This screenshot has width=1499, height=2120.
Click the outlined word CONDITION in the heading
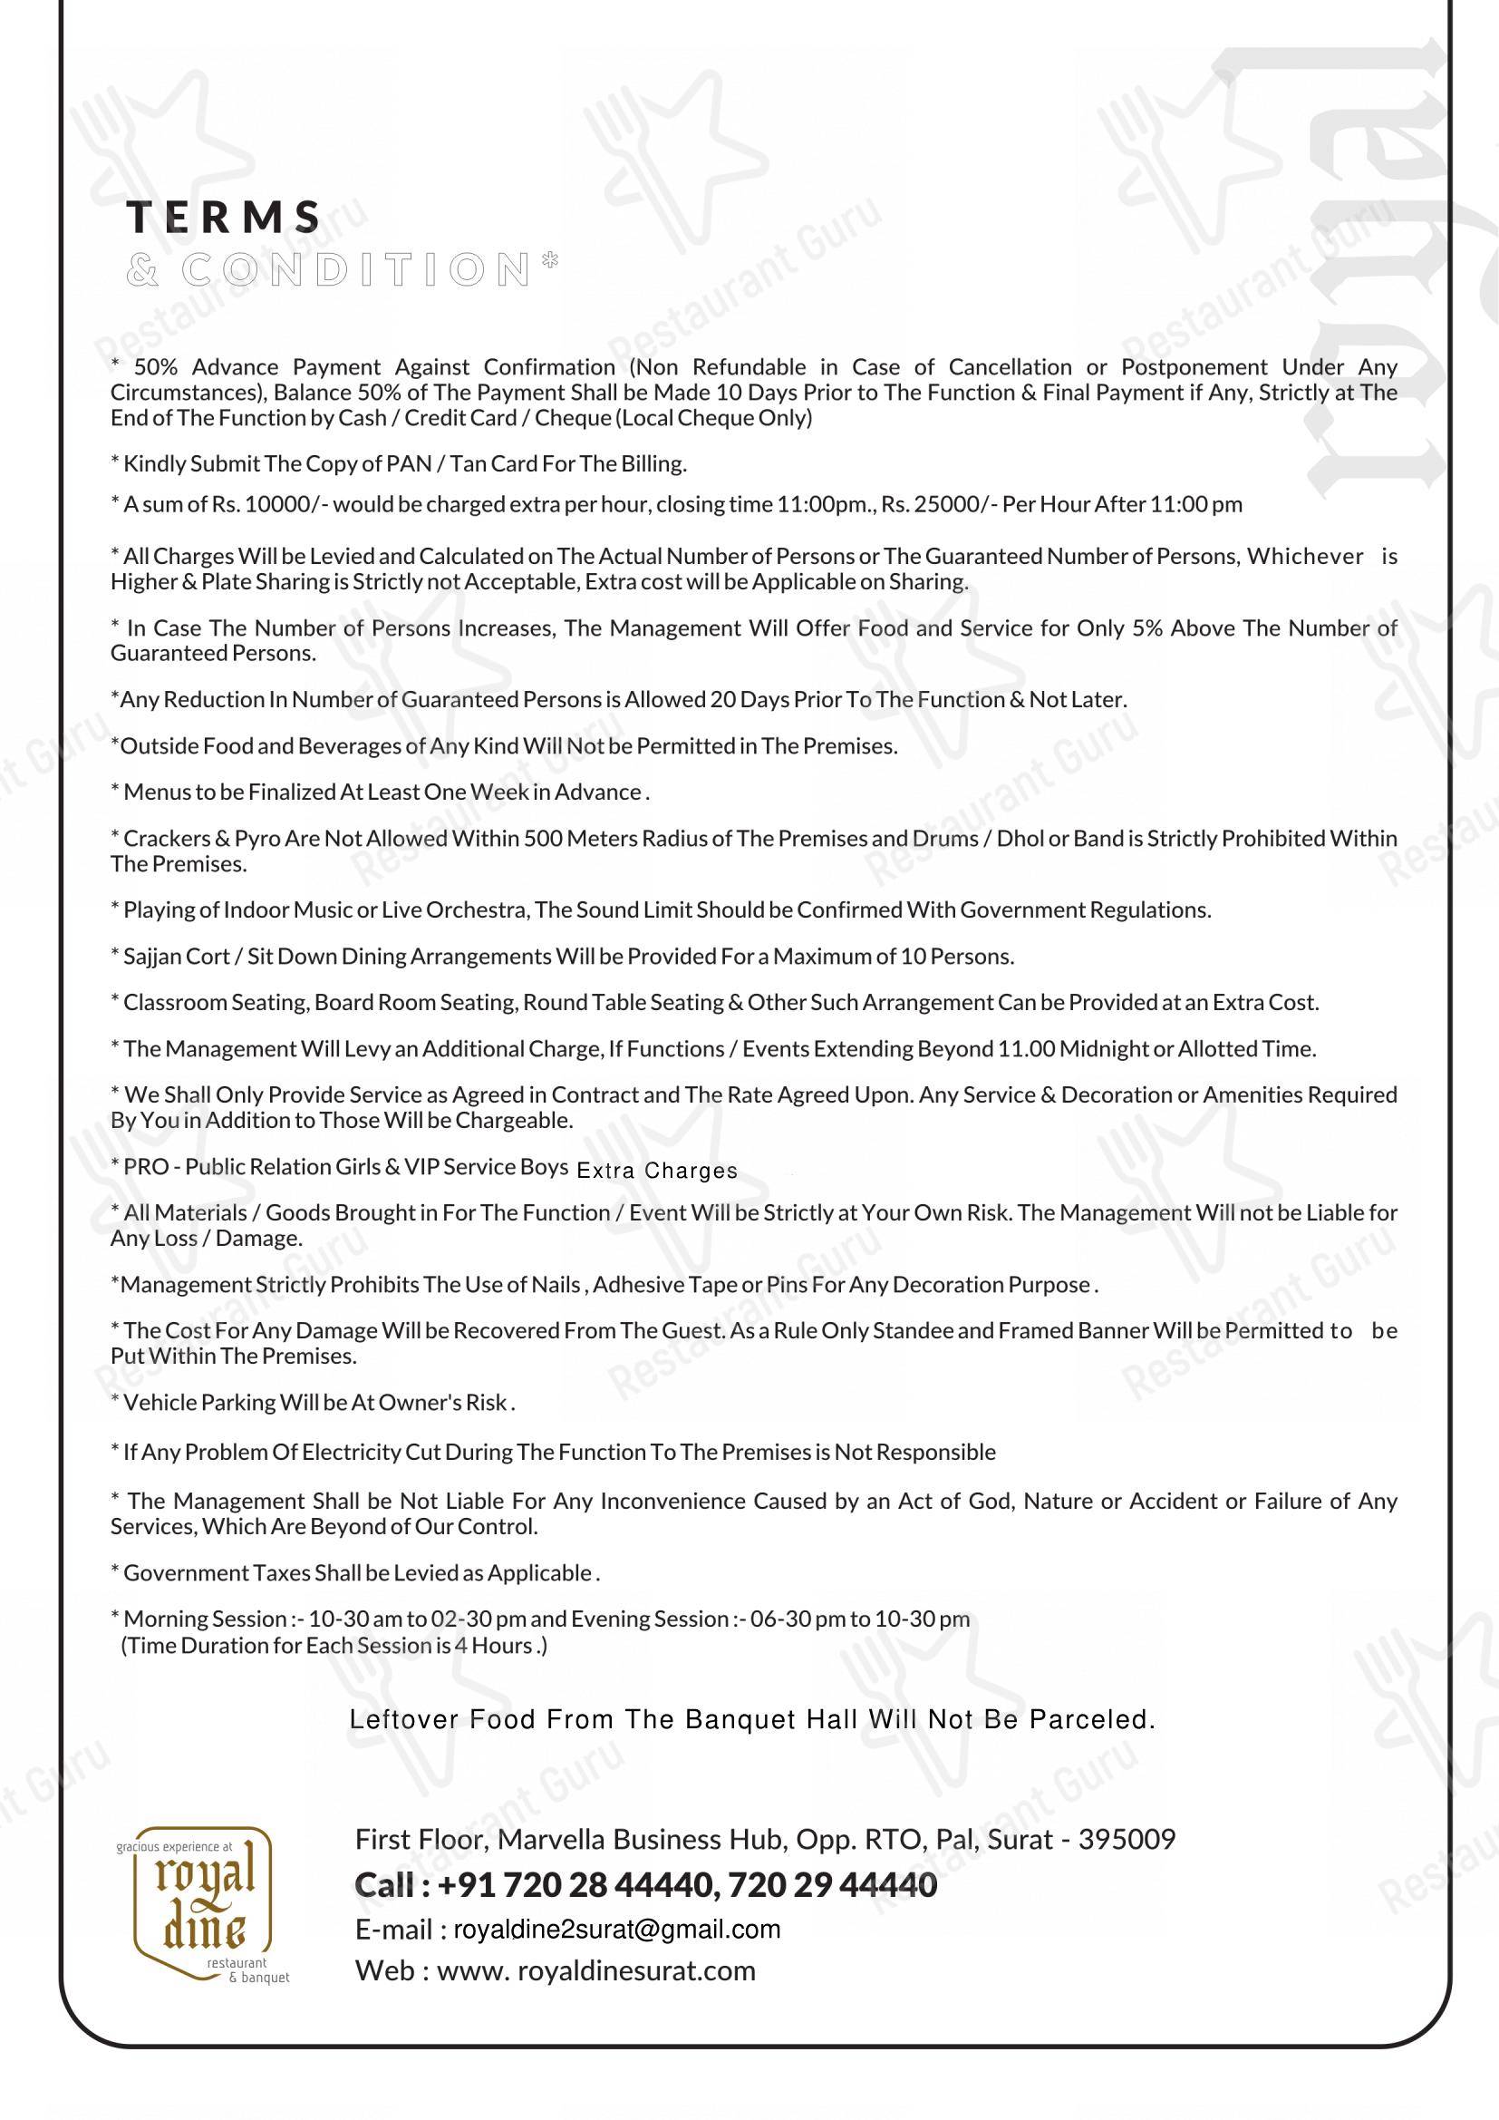click(355, 269)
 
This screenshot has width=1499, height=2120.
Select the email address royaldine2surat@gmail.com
click(616, 1929)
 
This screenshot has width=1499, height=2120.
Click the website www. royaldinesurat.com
click(595, 1970)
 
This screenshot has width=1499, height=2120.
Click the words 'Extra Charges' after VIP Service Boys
click(656, 1171)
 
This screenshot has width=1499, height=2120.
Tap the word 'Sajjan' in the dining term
click(150, 957)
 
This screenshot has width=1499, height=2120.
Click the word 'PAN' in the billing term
click(409, 463)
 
